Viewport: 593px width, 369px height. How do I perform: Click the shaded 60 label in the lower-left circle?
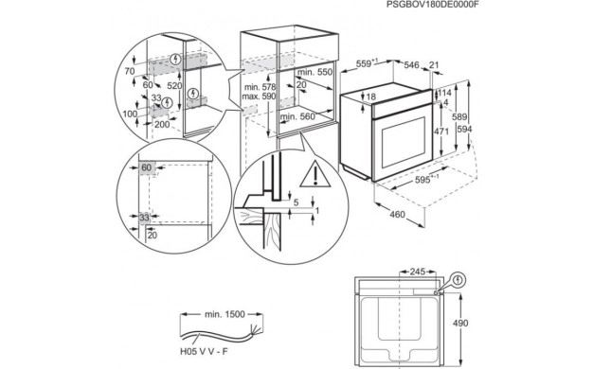click(x=147, y=167)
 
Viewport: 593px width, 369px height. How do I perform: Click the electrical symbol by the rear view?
click(x=458, y=280)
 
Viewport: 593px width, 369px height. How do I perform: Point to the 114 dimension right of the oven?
click(x=443, y=93)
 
